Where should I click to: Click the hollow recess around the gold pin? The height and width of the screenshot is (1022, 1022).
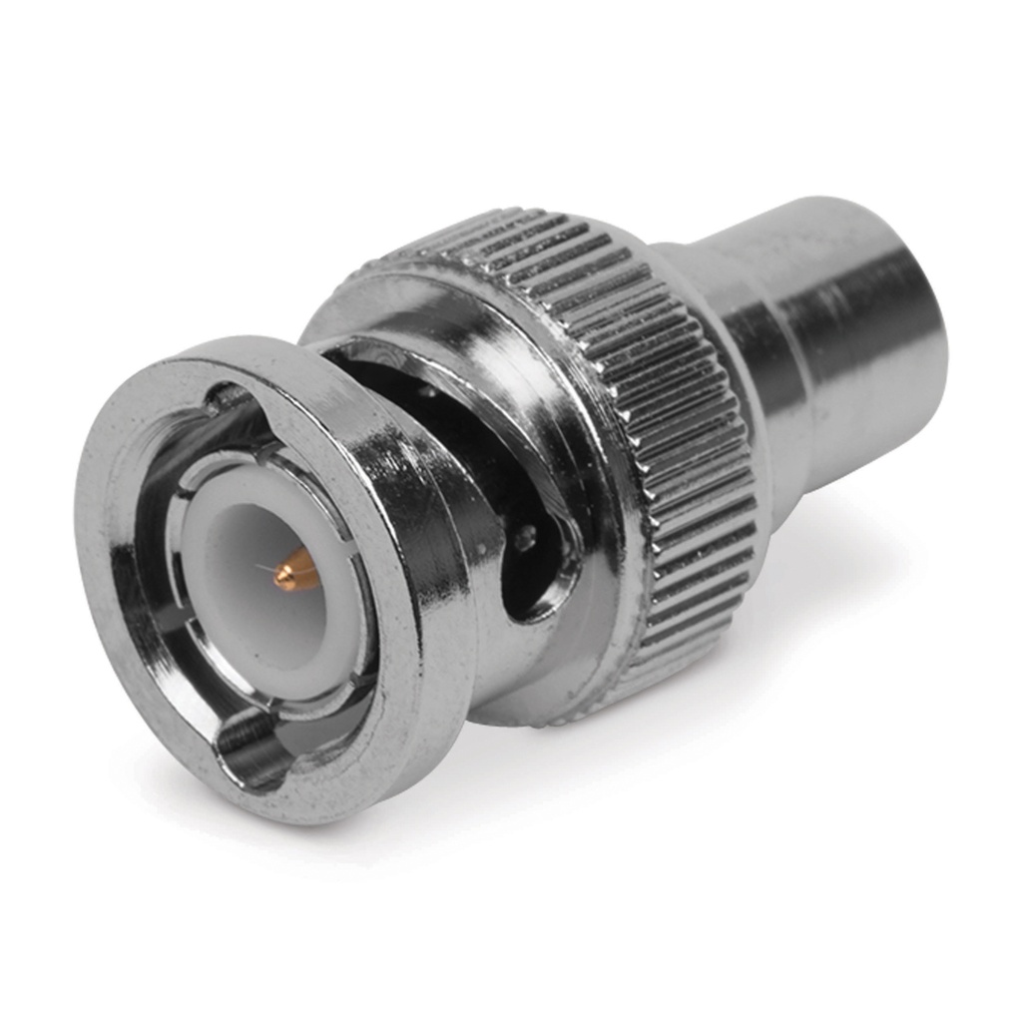(x=269, y=599)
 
